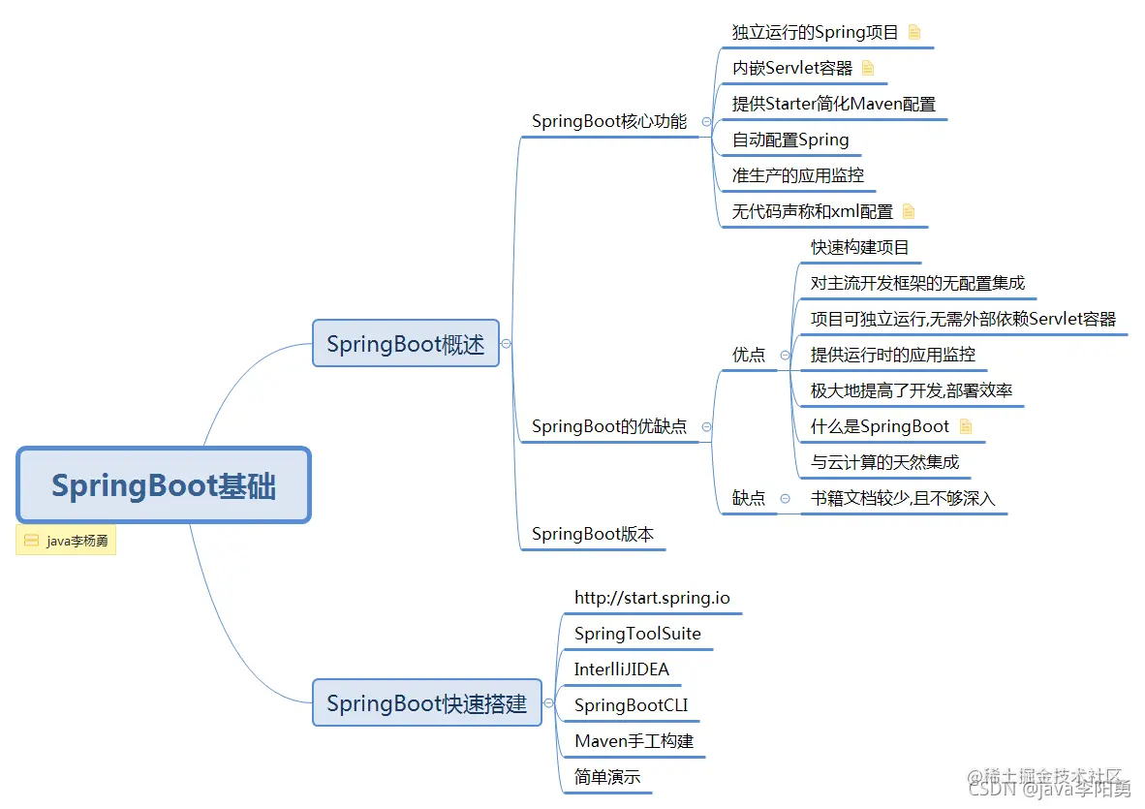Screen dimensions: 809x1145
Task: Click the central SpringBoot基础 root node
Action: (x=164, y=485)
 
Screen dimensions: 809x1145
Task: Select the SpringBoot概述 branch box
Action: (x=405, y=344)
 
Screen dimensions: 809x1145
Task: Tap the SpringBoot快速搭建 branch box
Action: (x=426, y=703)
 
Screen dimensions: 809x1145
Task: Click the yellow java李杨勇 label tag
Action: (x=66, y=541)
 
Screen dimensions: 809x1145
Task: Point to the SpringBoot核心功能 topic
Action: (x=609, y=122)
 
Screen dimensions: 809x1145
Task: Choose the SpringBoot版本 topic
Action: (x=593, y=534)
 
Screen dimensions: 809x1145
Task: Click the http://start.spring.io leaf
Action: (x=652, y=598)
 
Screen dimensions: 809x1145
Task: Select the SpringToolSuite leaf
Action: (x=637, y=634)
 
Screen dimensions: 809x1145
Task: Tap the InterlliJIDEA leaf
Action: (x=622, y=669)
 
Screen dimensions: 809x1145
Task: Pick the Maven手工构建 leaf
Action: (x=634, y=741)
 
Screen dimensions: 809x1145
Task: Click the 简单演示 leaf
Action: (x=607, y=777)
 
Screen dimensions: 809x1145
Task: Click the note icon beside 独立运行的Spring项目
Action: (x=914, y=32)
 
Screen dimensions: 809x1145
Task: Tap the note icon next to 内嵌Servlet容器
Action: (x=868, y=68)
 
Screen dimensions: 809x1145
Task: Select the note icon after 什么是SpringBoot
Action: (x=965, y=426)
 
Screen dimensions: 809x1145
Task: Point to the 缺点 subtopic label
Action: (x=749, y=498)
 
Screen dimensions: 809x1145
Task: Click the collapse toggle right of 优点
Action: (x=785, y=356)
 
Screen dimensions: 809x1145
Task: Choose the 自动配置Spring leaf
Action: (x=790, y=140)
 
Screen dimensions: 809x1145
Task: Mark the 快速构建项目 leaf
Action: (x=860, y=248)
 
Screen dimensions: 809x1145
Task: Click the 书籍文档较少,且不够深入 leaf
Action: (x=903, y=498)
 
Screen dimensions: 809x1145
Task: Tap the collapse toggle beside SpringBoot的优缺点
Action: (x=706, y=426)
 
